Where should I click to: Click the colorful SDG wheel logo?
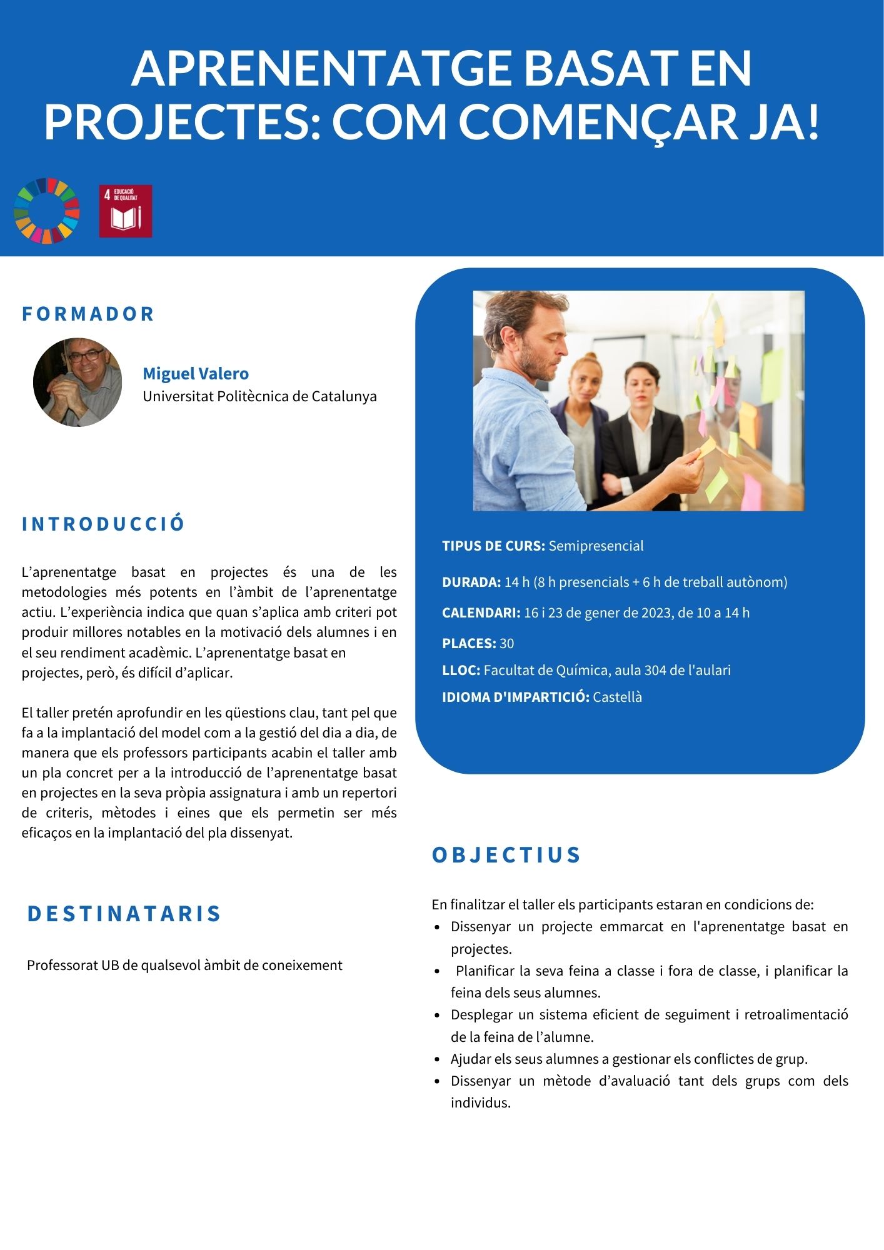(x=47, y=211)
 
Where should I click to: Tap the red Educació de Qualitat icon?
(x=126, y=211)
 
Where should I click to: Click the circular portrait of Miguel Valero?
(x=78, y=382)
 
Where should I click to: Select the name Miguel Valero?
(x=196, y=374)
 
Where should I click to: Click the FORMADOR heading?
(x=88, y=314)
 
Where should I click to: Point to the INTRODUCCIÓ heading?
(x=104, y=524)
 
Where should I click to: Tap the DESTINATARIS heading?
(x=124, y=914)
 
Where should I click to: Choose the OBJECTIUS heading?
(x=506, y=855)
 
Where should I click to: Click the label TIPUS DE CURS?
(x=493, y=546)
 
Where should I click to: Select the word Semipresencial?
(x=596, y=546)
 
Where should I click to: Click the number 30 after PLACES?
(x=507, y=643)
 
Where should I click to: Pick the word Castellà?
(x=617, y=697)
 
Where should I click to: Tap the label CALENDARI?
(x=481, y=612)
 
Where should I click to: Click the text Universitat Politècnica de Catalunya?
(x=259, y=396)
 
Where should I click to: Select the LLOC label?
(x=461, y=670)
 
